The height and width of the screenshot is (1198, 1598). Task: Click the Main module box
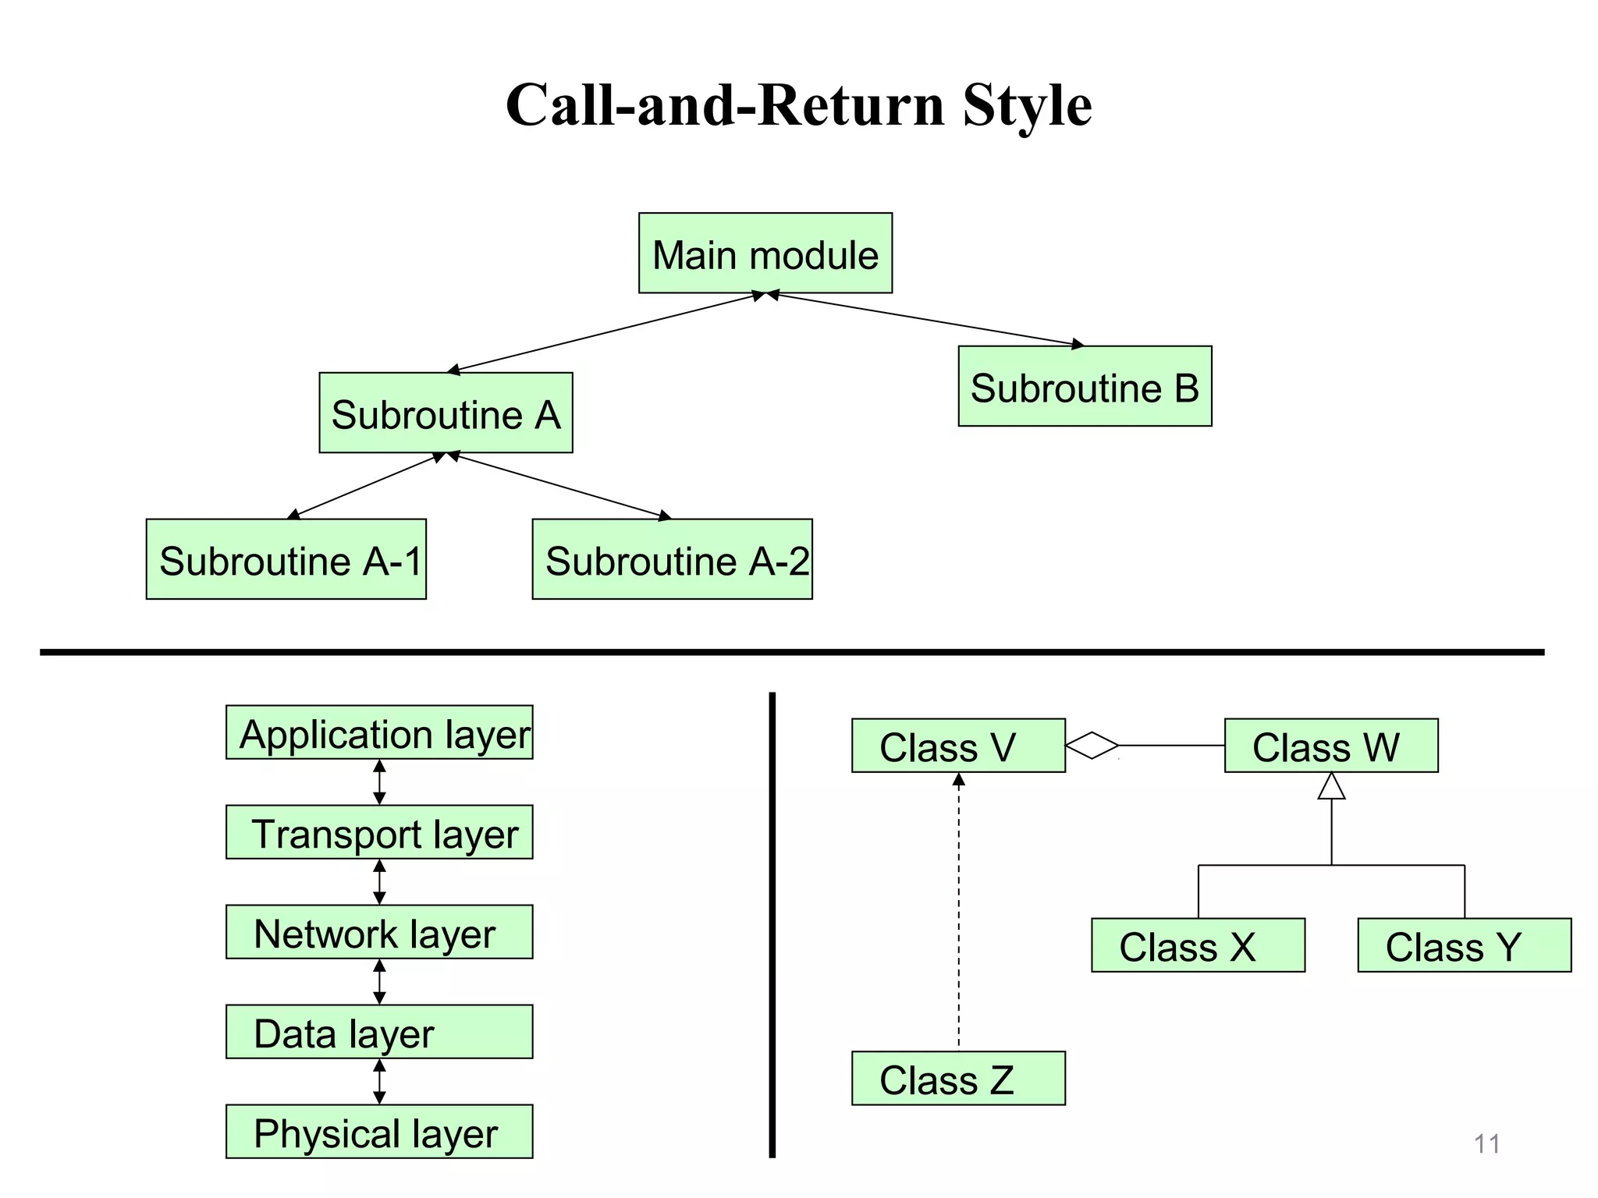765,253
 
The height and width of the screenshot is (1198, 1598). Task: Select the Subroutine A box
446,413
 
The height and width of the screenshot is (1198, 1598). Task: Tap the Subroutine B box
1085,386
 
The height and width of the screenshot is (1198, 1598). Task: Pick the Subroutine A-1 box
286,559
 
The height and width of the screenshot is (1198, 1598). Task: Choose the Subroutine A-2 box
672,559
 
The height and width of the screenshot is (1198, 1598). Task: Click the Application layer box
379,732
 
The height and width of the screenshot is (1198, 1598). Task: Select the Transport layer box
379,832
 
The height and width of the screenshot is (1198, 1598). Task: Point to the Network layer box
379,932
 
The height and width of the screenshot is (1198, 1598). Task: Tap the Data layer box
379,1032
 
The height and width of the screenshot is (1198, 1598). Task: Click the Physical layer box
379,1132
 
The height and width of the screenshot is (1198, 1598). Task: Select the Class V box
958,746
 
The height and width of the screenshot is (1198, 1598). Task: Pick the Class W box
1331,746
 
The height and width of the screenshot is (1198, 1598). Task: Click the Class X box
1198,945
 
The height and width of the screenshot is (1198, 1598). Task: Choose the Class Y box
1464,945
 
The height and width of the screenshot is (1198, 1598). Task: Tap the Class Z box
958,1079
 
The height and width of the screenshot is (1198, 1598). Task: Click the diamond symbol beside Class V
1092,746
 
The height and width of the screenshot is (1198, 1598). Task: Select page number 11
1486,1144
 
